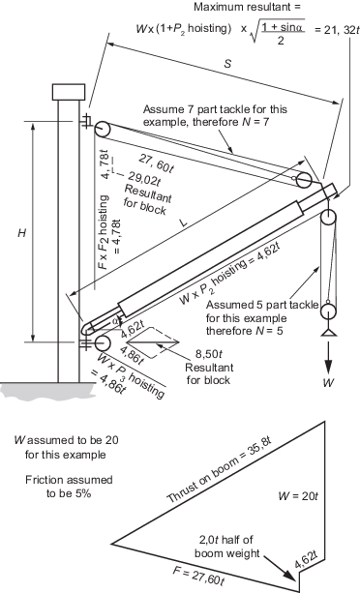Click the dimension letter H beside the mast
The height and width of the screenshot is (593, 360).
pyautogui.click(x=22, y=233)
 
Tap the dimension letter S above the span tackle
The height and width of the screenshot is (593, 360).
pyautogui.click(x=227, y=63)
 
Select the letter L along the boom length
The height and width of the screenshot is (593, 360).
pyautogui.click(x=184, y=222)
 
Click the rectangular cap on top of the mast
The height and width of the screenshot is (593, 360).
pyautogui.click(x=69, y=92)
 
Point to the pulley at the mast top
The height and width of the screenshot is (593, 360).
pyautogui.click(x=102, y=130)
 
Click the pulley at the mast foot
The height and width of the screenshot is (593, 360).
pyautogui.click(x=102, y=342)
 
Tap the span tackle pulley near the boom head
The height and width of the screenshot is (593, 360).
pyautogui.click(x=304, y=180)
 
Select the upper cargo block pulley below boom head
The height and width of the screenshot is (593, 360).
pyautogui.click(x=328, y=219)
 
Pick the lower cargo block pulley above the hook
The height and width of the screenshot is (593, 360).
pyautogui.click(x=328, y=312)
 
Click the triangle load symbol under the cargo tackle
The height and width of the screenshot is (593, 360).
pyautogui.click(x=328, y=333)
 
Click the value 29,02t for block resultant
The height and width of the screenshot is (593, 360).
pyautogui.click(x=144, y=179)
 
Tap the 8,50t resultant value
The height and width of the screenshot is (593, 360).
pyautogui.click(x=208, y=354)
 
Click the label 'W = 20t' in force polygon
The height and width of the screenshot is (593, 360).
pyautogui.click(x=298, y=496)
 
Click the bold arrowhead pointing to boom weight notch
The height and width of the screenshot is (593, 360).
pyautogui.click(x=288, y=574)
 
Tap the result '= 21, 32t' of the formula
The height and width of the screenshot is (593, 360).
pyautogui.click(x=336, y=30)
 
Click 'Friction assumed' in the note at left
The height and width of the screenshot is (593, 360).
pyautogui.click(x=69, y=480)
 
